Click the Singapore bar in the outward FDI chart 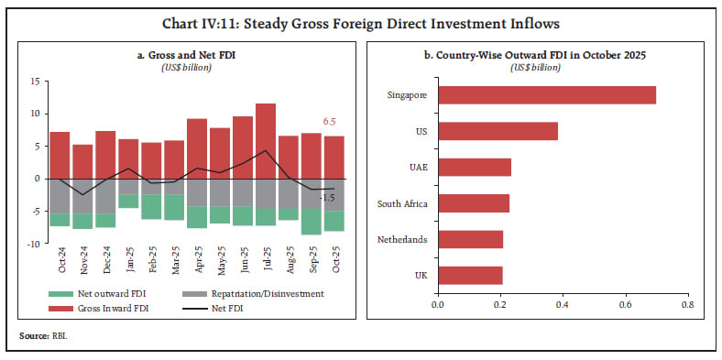(x=546, y=94)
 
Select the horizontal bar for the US (x=498, y=131)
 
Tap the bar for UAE (x=474, y=167)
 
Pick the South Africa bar (x=473, y=203)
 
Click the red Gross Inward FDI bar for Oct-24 (x=60, y=155)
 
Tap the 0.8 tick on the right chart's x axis (x=687, y=304)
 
